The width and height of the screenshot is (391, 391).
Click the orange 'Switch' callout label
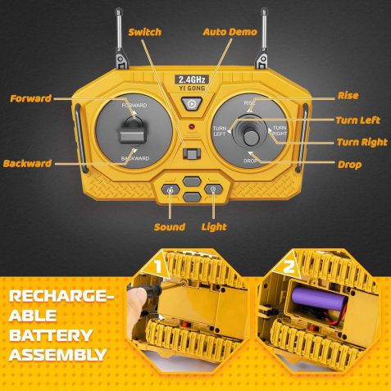point(145,32)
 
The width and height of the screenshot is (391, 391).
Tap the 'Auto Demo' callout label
point(230,32)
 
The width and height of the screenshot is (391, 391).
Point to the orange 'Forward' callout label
point(30,98)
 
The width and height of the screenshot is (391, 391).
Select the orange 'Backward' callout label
point(27,163)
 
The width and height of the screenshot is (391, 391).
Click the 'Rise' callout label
point(348,96)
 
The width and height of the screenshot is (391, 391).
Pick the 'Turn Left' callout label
point(357,120)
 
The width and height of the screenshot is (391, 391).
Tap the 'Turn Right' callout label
point(362,142)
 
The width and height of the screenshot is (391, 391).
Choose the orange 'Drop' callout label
point(349,165)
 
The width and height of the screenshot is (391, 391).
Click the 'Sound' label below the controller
point(170,227)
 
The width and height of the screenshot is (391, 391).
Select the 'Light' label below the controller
point(214,227)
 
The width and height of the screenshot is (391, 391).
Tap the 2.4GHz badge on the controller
point(192,80)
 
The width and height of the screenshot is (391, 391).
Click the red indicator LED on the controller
point(192,126)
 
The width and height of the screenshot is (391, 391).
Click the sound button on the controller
point(170,189)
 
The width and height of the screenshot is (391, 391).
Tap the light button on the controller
point(213,189)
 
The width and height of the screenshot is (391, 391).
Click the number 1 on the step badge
point(157,266)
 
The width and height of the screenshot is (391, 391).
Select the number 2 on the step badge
point(289,267)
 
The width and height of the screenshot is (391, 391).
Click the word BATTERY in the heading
point(51,335)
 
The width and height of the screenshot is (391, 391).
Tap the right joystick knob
point(250,138)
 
